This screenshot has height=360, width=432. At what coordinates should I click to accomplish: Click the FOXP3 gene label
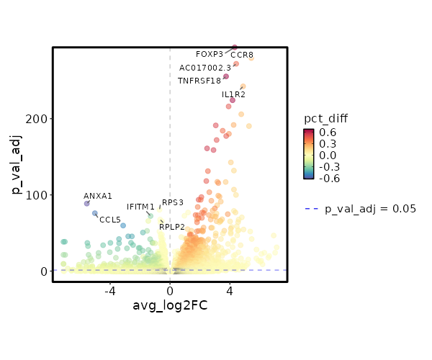[210, 54]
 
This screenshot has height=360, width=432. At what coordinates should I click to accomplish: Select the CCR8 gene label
[242, 55]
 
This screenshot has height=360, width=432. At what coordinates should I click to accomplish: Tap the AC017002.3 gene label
[205, 68]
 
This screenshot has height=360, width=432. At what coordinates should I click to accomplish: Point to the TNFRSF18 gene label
[199, 81]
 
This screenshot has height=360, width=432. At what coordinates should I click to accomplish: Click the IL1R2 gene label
[233, 94]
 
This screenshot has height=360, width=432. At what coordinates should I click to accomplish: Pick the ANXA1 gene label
[98, 196]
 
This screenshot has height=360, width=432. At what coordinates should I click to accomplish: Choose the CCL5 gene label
[110, 220]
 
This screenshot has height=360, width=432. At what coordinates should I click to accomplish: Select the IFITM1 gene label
[140, 207]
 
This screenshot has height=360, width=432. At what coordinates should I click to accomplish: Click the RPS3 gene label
[173, 202]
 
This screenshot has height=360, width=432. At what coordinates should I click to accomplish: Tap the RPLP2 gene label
[172, 227]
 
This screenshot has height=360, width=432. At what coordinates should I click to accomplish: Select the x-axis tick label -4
[110, 291]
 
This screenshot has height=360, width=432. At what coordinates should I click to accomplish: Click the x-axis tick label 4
[230, 291]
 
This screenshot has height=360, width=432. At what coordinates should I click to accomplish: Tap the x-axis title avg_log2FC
[170, 306]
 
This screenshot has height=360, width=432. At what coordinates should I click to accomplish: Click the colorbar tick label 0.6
[328, 132]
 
